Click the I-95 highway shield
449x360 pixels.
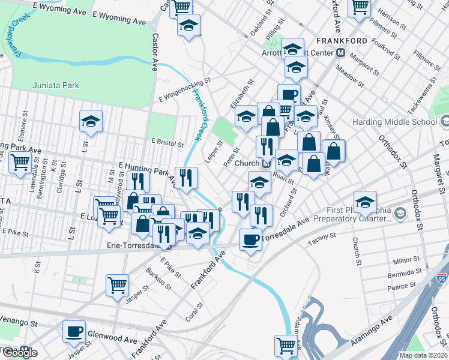click(442, 280)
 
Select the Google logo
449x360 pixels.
click(19, 353)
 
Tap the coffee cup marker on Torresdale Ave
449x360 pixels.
click(250, 239)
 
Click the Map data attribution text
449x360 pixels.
click(423, 355)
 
